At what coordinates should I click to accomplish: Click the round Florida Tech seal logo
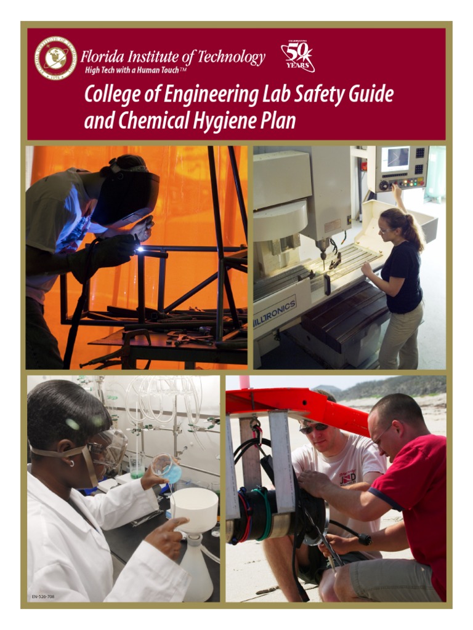[x=55, y=58]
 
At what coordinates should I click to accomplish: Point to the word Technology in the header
[x=232, y=57]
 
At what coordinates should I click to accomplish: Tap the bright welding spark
[x=141, y=249]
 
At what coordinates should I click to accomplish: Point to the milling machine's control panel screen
[x=394, y=159]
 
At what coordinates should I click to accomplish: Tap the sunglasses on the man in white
[x=313, y=427]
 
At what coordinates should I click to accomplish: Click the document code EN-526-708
[x=43, y=597]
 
